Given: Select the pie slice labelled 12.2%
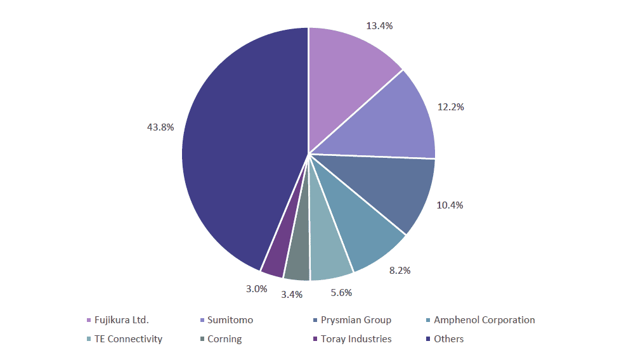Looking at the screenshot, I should coord(387,124).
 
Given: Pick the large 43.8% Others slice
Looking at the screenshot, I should coord(241,152).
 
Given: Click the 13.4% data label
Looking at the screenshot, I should coord(379,26).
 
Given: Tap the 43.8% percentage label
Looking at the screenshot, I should coord(160,127).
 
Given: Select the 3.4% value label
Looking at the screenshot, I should coord(292,294).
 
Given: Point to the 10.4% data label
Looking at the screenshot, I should coord(450,205).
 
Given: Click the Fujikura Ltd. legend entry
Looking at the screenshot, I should coord(121,320).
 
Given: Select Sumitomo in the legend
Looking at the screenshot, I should coord(230,320).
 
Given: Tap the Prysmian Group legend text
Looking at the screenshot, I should coord(355,320).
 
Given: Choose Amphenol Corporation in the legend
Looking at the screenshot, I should coord(484,320).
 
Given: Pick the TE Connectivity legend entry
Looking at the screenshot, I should coord(128,339).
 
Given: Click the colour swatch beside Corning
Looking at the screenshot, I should coord(202,339).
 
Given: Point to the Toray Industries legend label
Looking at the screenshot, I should coord(356,339).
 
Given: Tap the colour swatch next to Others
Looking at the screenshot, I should coord(428,339).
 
